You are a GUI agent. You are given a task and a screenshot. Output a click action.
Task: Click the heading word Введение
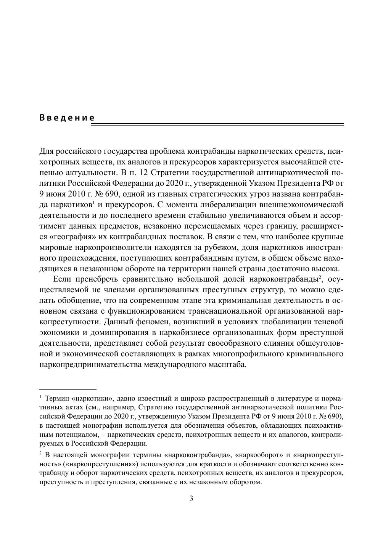click(67, 118)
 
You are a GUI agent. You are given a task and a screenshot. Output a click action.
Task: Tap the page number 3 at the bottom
click(191, 499)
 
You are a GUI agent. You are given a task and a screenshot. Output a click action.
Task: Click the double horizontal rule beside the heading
click(219, 124)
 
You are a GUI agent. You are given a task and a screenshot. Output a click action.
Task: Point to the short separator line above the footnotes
click(68, 389)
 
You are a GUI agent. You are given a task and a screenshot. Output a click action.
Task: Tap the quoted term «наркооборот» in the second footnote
click(260, 455)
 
